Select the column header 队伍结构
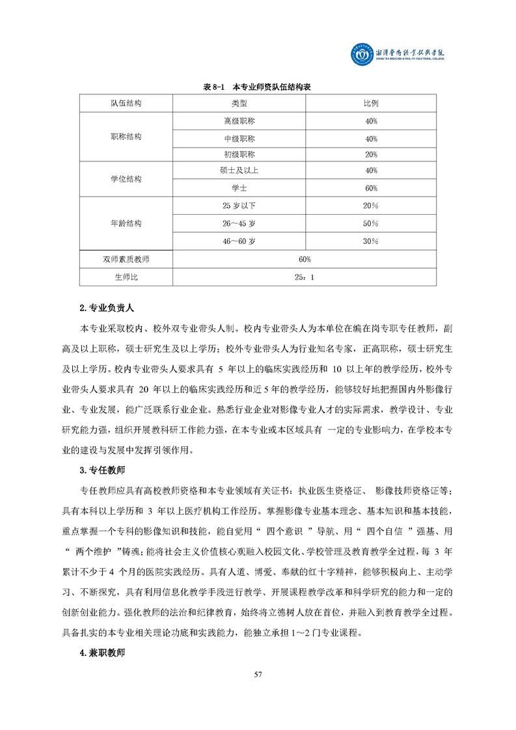tap(126, 103)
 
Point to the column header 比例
tap(371, 103)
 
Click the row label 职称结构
tap(126, 137)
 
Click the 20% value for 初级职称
tap(371, 154)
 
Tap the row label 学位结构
tap(126, 179)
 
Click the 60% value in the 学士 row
tap(371, 188)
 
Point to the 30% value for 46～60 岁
tap(371, 241)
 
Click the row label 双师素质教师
tap(126, 259)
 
